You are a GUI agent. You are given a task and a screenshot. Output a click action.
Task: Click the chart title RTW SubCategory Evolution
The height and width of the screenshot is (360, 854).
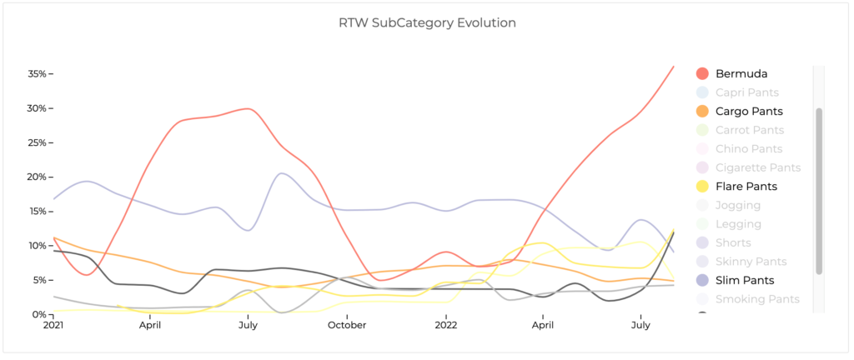427,22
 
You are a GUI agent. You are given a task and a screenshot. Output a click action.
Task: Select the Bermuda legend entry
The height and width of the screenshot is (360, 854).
741,73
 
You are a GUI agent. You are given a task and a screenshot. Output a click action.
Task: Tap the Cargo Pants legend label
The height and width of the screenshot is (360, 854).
749,111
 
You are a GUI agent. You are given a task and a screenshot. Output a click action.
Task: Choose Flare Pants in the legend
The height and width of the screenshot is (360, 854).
746,186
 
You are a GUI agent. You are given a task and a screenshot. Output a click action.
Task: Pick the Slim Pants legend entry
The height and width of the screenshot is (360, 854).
745,280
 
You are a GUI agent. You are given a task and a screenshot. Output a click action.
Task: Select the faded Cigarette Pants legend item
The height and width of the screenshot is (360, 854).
758,167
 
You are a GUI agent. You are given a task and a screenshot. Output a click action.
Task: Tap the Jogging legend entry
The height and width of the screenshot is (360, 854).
739,205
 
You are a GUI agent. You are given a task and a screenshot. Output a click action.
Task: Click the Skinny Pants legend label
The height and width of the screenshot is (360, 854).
751,262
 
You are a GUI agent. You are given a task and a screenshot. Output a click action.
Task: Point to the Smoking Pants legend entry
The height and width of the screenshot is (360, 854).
756,299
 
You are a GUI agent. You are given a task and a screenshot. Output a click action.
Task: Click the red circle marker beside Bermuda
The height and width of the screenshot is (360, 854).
702,73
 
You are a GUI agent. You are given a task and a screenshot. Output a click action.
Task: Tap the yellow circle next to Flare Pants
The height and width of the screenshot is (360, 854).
702,186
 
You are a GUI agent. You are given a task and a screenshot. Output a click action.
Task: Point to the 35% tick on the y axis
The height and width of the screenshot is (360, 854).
38,74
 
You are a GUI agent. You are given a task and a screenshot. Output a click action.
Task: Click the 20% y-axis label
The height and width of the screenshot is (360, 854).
38,177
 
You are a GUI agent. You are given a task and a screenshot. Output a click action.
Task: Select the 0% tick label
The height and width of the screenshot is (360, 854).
41,314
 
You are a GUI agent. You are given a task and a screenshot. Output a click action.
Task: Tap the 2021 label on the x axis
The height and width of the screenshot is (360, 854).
53,326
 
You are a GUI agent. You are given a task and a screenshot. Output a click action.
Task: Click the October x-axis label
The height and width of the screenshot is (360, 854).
347,326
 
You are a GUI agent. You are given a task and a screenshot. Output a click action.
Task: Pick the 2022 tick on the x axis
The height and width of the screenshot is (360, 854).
446,326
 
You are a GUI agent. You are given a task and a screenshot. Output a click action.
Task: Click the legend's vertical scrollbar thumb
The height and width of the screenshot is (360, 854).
819,190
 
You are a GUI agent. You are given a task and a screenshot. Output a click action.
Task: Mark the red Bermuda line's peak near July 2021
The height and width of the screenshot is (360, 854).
247,108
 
